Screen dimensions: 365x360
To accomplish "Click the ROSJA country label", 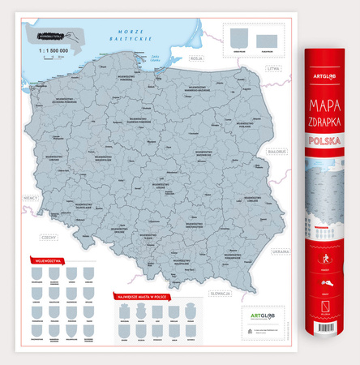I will pyautogui.click(x=195, y=58).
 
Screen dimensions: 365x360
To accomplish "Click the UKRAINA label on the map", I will pyautogui.click(x=281, y=251).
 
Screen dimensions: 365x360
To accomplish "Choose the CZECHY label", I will pyautogui.click(x=48, y=238).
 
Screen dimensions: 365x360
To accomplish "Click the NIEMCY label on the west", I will pyautogui.click(x=31, y=196).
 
